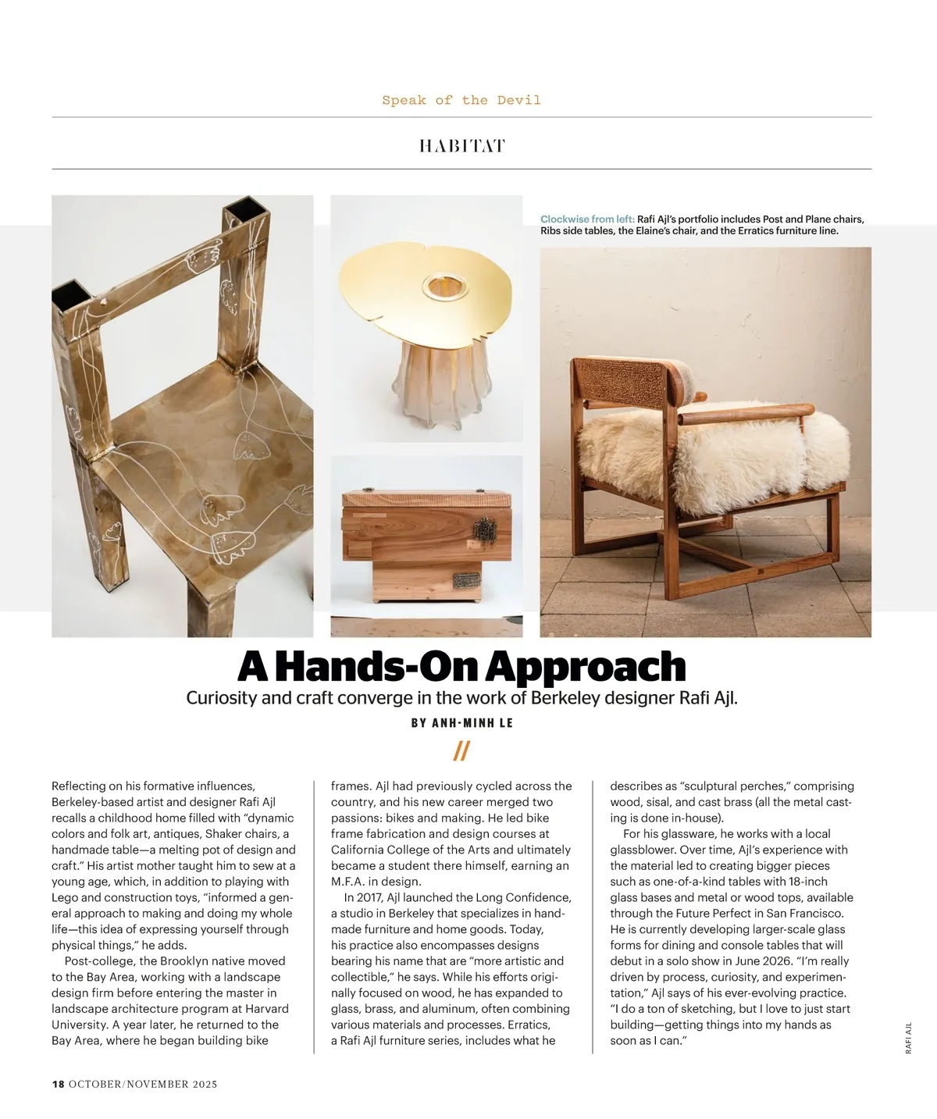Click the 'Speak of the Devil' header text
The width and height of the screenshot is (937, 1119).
461,100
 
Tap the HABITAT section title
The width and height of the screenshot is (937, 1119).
461,146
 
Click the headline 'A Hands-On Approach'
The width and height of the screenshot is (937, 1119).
461,666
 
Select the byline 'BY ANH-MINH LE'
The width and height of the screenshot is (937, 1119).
461,723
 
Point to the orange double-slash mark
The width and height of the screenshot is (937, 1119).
461,751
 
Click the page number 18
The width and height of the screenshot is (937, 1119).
58,1084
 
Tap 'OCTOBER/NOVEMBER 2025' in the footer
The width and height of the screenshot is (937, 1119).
143,1084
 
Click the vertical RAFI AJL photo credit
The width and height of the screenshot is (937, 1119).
908,1038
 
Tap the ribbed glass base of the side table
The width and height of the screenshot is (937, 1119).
426,387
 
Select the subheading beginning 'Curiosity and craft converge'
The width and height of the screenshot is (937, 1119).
461,697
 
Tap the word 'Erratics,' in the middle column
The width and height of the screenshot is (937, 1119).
529,1025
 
